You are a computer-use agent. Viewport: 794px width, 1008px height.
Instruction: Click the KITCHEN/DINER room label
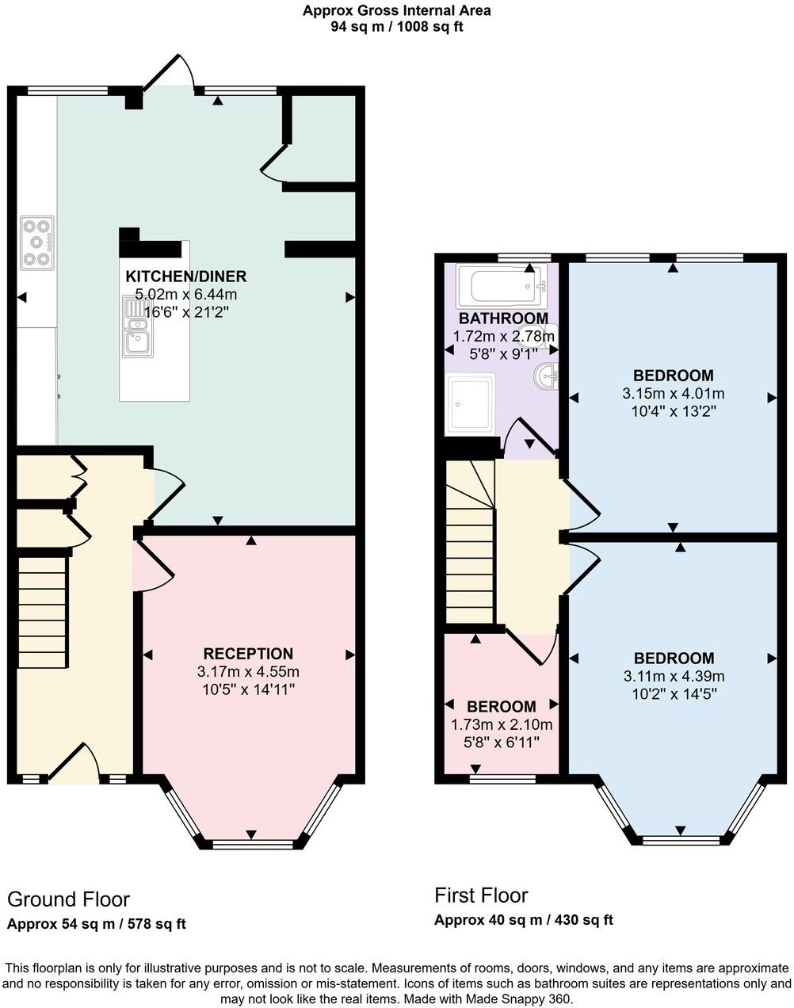click(186, 277)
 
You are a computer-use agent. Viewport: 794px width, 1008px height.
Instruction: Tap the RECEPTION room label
click(248, 654)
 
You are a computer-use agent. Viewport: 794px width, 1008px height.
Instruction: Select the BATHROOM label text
click(503, 319)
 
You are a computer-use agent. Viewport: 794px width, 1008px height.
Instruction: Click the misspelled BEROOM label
click(501, 706)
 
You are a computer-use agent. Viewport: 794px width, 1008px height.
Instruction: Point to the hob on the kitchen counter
click(37, 242)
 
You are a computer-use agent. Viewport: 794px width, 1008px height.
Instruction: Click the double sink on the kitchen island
click(138, 326)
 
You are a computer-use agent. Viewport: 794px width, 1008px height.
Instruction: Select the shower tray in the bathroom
click(470, 404)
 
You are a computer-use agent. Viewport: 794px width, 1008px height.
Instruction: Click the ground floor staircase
click(42, 612)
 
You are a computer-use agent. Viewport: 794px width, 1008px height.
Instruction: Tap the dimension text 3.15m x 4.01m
click(673, 393)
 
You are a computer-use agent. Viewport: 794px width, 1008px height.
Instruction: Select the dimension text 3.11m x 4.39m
click(674, 676)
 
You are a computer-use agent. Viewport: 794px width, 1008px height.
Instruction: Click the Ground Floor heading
click(68, 899)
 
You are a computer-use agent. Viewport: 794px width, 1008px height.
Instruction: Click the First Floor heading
click(481, 895)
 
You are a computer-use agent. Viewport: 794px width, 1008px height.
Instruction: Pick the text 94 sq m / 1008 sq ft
click(397, 26)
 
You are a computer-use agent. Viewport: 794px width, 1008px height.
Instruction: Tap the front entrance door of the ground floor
click(74, 765)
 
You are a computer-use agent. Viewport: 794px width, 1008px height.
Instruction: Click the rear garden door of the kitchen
click(168, 73)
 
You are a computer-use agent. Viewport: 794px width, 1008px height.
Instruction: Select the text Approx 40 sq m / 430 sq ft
click(523, 920)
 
